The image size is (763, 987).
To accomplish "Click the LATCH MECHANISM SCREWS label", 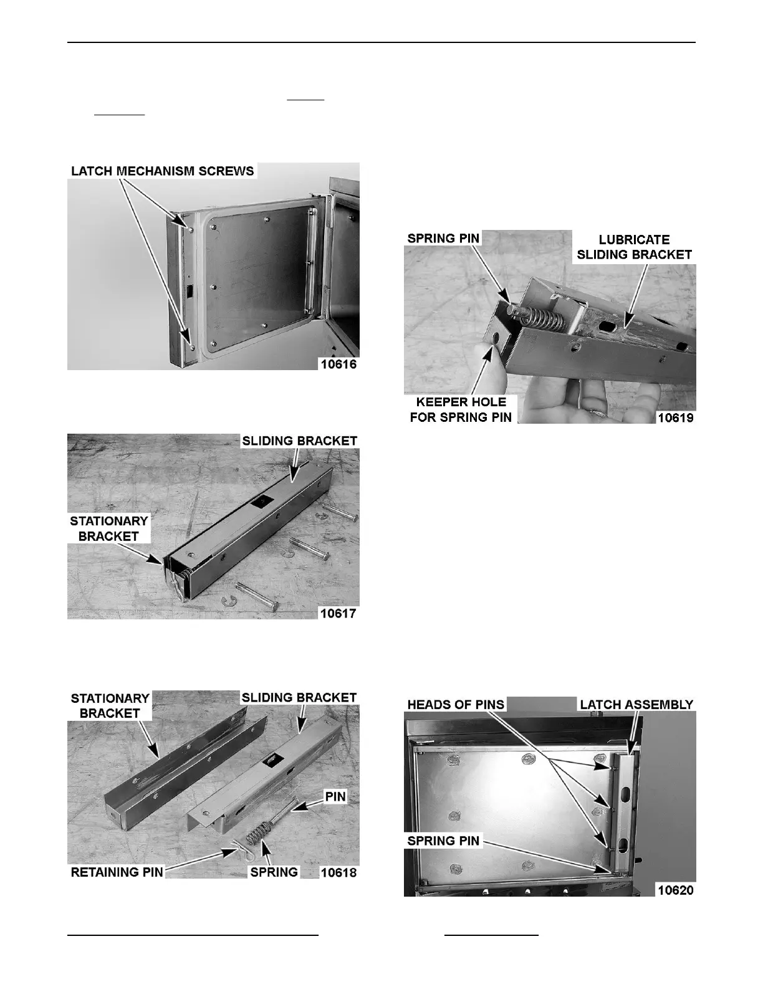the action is [x=162, y=171].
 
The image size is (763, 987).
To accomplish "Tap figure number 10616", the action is [x=338, y=365].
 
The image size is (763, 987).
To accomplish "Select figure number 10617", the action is [x=338, y=613].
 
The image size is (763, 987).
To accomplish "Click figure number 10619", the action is [x=676, y=417].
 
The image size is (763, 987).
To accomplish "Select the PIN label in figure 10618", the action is [x=335, y=796].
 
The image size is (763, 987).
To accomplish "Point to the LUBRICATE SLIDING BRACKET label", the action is [x=635, y=247].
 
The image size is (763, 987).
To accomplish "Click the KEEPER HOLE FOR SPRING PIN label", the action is [x=461, y=409].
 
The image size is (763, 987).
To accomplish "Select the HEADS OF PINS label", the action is [x=456, y=705].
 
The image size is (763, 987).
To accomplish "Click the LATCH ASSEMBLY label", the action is [x=636, y=705].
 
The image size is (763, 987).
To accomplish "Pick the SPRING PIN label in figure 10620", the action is [x=443, y=841].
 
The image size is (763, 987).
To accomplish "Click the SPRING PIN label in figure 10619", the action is [x=443, y=238].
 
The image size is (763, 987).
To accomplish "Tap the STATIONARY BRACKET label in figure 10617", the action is [x=108, y=528].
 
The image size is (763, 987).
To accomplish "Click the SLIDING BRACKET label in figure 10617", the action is [x=299, y=441].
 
